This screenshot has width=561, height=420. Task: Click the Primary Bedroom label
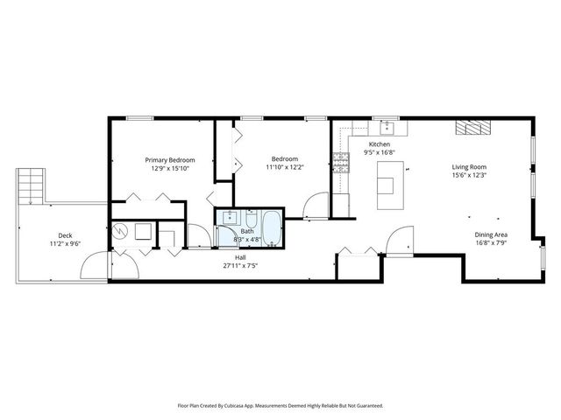[169, 160]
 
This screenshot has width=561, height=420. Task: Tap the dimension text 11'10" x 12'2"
[285, 167]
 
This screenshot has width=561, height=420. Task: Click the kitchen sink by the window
[389, 129]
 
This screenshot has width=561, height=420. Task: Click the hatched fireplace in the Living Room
[470, 128]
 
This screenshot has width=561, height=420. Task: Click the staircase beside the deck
[32, 185]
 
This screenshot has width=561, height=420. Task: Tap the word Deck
[65, 235]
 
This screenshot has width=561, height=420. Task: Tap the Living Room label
[469, 166]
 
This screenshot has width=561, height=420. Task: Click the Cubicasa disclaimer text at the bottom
[280, 405]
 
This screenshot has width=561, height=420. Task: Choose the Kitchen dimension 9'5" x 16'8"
[380, 152]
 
